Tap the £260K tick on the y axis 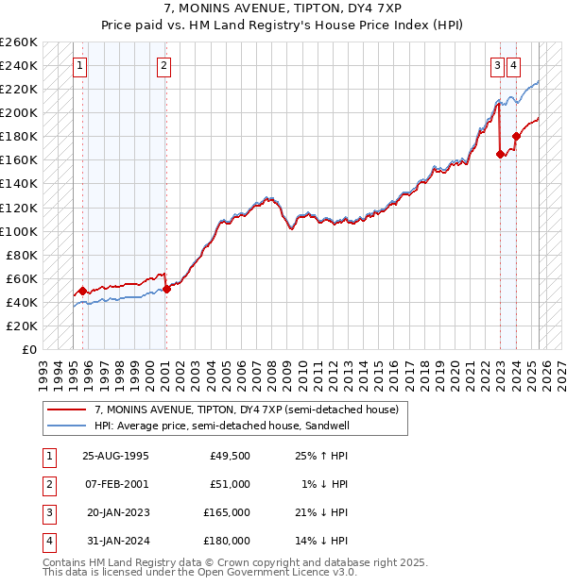pos(19,42)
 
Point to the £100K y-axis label pos(19,231)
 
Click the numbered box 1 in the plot pos(79,66)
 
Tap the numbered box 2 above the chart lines pos(163,66)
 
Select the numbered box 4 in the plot pos(513,66)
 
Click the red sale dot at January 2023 pos(500,155)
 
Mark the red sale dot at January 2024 pos(517,137)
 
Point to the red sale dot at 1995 pos(83,291)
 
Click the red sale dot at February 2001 pos(166,289)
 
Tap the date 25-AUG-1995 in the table pos(116,456)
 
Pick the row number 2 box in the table pos(48,484)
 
